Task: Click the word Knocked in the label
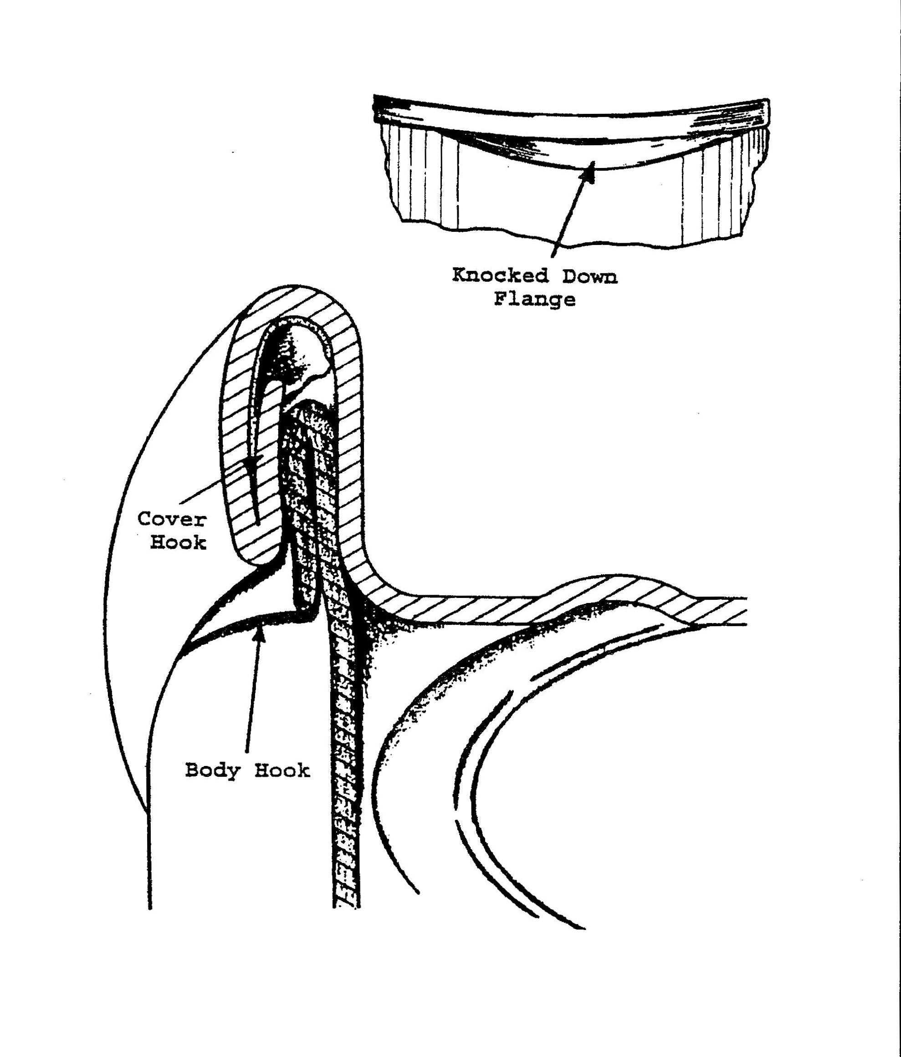500,276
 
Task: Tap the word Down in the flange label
590,276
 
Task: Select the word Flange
535,299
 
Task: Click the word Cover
172,520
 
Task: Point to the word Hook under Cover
178,542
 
